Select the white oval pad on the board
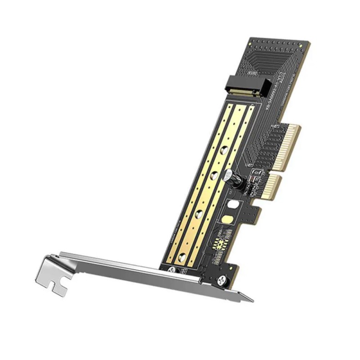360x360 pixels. pyautogui.click(x=233, y=205)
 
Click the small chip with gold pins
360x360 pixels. pyautogui.click(x=220, y=243)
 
